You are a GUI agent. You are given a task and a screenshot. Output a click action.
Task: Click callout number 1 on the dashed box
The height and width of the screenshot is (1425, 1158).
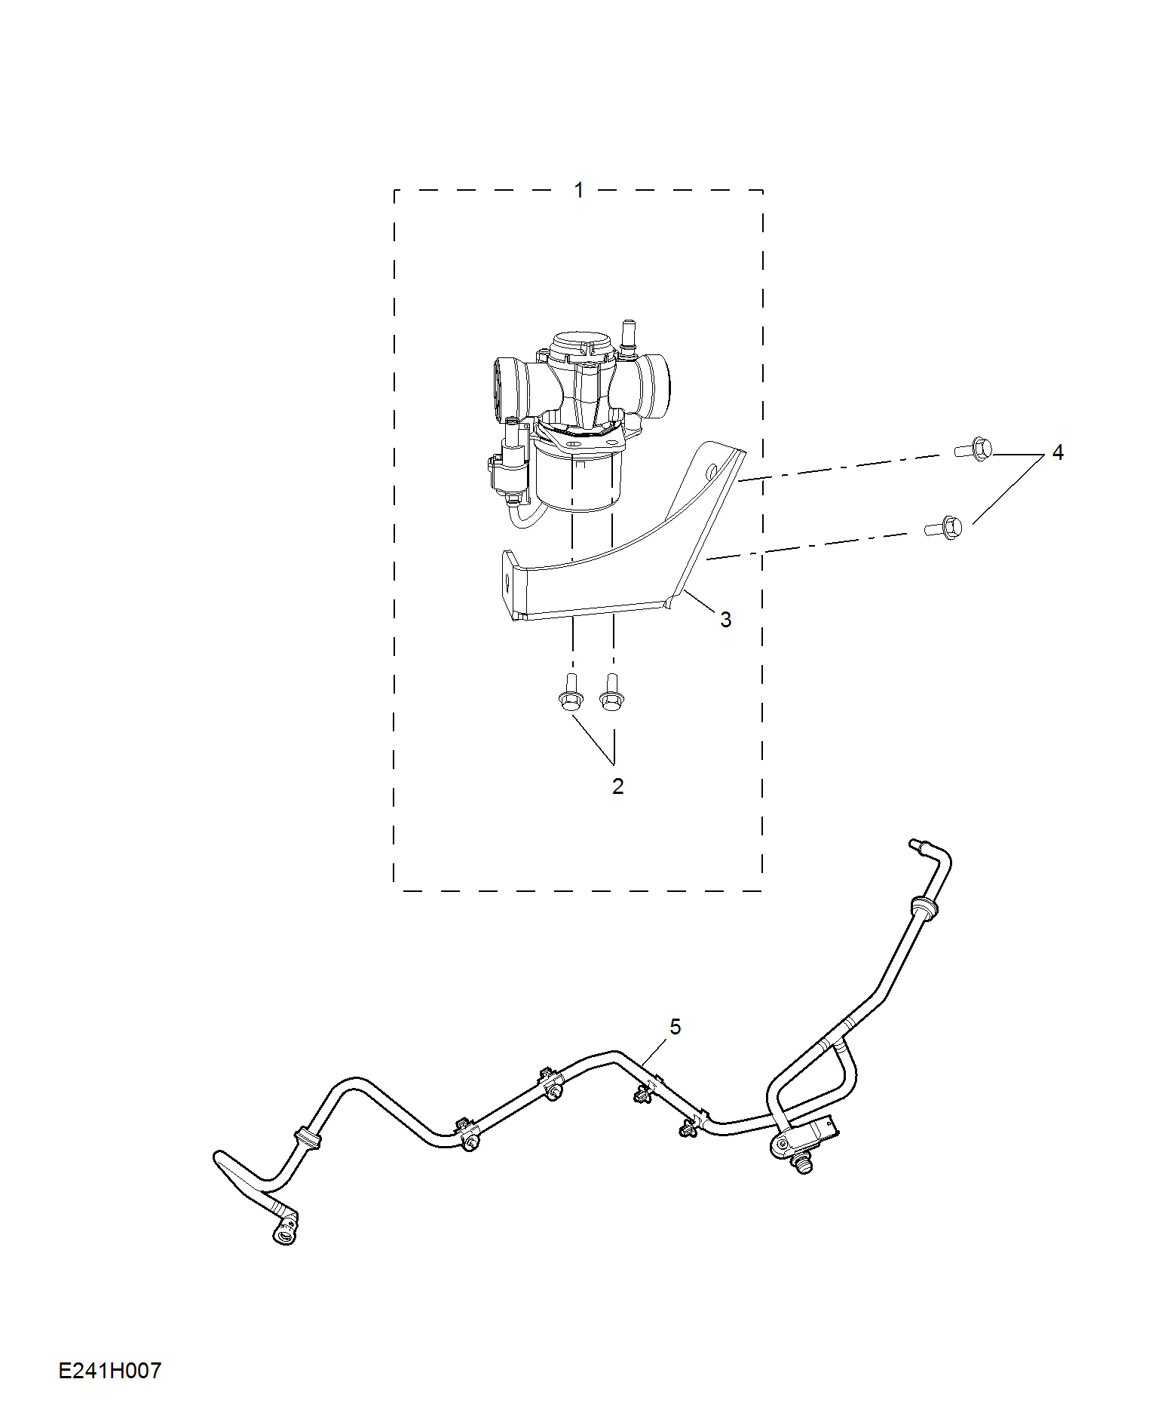coord(579,190)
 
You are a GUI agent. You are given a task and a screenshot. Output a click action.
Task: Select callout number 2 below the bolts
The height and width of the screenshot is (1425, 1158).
coord(618,786)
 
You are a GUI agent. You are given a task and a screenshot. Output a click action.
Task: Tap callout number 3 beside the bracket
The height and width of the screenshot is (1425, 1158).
coord(725,620)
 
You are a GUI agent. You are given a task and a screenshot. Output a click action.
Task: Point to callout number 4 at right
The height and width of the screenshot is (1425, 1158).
coord(1058,452)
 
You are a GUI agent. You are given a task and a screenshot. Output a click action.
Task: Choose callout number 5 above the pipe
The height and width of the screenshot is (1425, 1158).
coord(675,1027)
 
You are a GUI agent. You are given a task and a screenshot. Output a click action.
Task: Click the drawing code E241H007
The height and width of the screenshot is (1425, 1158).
coord(110,1371)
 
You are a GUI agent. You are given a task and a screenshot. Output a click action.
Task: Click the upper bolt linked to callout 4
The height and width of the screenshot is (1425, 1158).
coord(974,449)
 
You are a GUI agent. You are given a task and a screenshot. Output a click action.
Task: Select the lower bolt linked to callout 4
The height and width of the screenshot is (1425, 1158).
coord(945,527)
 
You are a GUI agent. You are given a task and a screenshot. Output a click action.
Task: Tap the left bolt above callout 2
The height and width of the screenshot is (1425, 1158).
coord(570,694)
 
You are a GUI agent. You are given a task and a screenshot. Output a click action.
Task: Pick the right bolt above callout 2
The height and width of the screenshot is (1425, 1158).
coord(611,694)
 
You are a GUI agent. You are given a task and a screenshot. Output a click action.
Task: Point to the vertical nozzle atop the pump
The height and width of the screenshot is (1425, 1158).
coord(626,336)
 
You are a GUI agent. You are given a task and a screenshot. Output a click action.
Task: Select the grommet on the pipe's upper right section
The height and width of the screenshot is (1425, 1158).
coord(925,907)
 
